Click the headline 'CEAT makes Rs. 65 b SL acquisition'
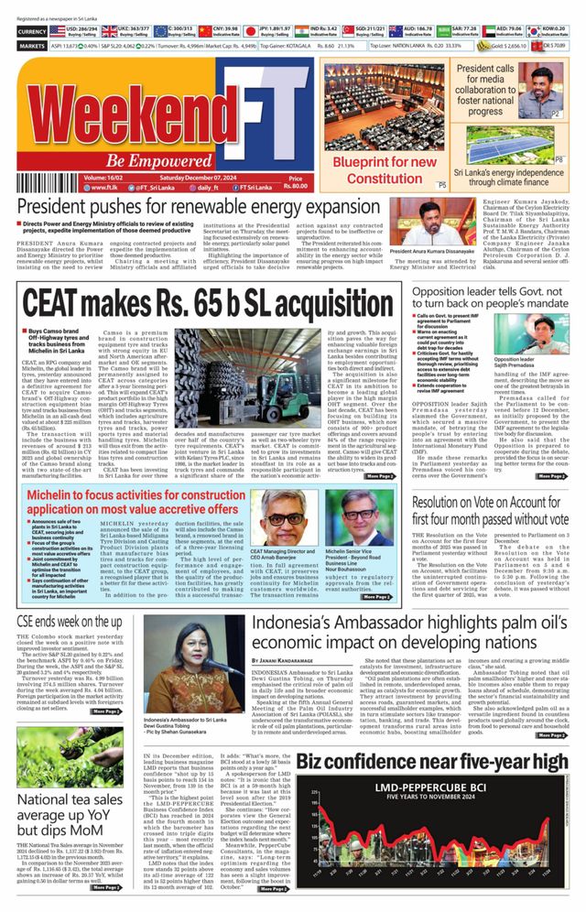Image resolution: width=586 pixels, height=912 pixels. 206,301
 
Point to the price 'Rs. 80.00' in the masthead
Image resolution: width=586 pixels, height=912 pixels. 295,187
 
